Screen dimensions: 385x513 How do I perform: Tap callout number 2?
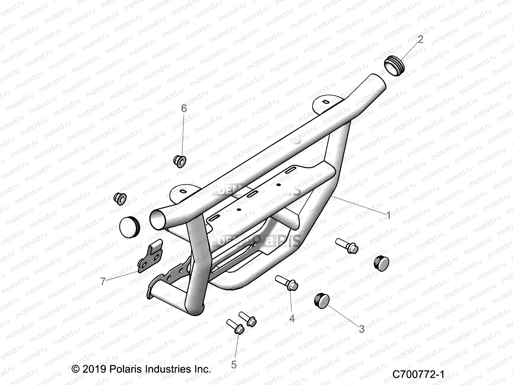420,39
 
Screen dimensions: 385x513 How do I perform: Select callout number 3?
362,329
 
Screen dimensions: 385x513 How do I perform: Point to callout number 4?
292,318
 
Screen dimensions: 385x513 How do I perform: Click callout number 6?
184,109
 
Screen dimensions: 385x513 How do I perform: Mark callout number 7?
103,281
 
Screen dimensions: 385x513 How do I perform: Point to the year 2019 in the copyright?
94,369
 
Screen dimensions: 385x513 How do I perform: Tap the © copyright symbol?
75,369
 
